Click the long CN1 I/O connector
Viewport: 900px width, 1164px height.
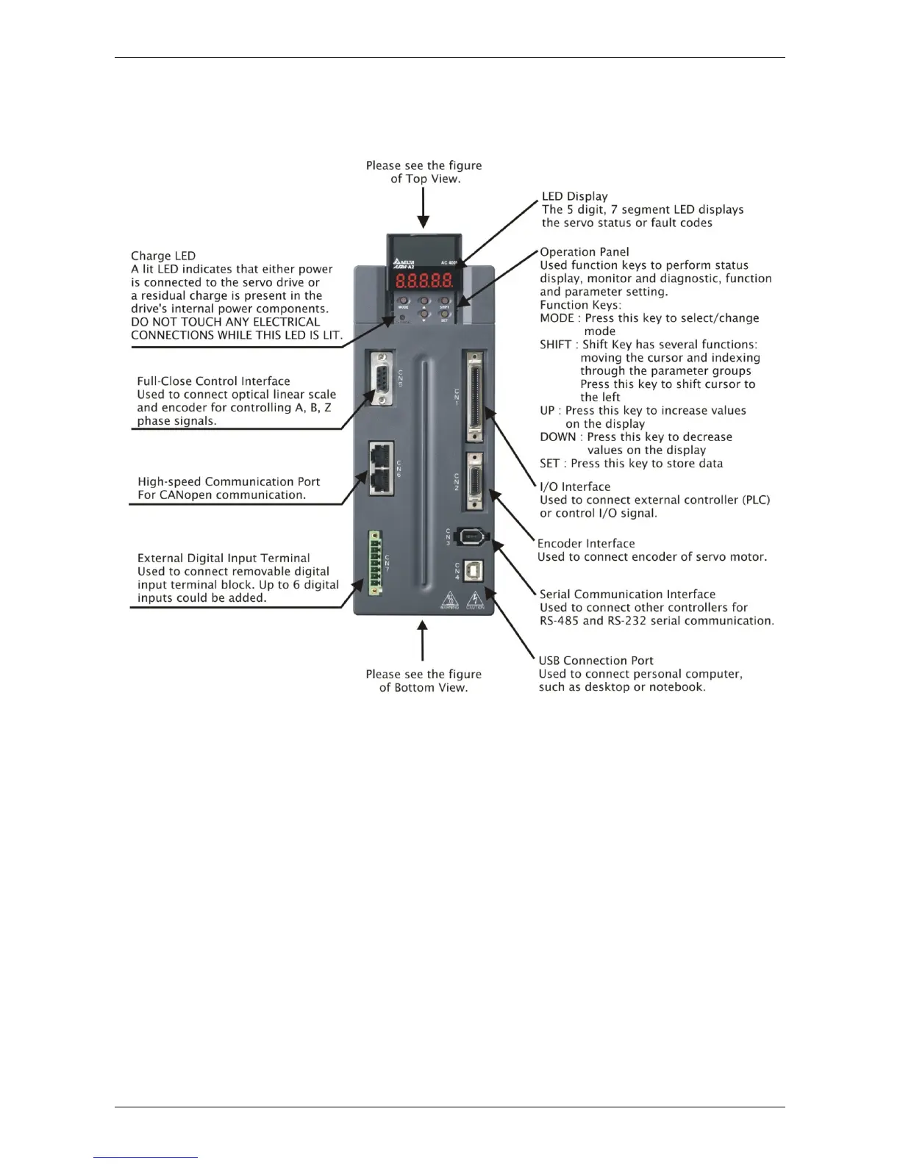474,396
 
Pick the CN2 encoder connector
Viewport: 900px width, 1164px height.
474,481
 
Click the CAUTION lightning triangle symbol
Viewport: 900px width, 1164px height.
475,599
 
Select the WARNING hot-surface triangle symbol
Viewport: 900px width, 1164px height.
449,600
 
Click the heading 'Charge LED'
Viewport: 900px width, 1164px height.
163,256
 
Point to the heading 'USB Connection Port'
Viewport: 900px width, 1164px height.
596,661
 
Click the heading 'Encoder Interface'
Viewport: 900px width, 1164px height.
586,544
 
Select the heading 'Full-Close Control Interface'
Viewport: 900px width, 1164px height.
213,381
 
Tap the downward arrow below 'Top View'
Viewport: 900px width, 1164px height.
423,208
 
